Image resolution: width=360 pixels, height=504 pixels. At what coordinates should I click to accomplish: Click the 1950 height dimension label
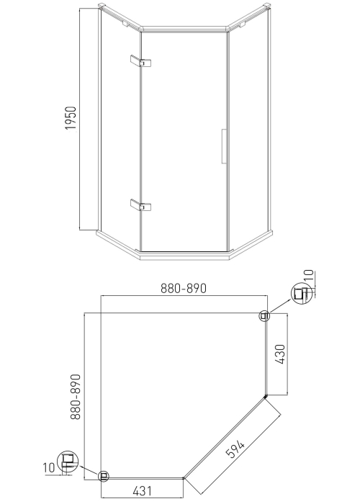pos(71,118)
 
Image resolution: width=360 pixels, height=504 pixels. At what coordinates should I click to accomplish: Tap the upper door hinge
pos(141,61)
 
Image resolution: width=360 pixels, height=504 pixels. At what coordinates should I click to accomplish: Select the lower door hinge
pos(141,205)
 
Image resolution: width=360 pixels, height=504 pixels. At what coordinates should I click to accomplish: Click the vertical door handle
pos(224,146)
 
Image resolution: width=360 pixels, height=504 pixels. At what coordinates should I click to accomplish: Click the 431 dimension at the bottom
pos(142,491)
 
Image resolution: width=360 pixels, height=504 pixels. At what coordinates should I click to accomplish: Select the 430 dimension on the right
pos(280,354)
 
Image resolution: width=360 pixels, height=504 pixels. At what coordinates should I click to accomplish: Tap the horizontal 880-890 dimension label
pos(183,288)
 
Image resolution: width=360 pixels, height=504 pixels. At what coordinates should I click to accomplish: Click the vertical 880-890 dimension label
pos(76,397)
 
